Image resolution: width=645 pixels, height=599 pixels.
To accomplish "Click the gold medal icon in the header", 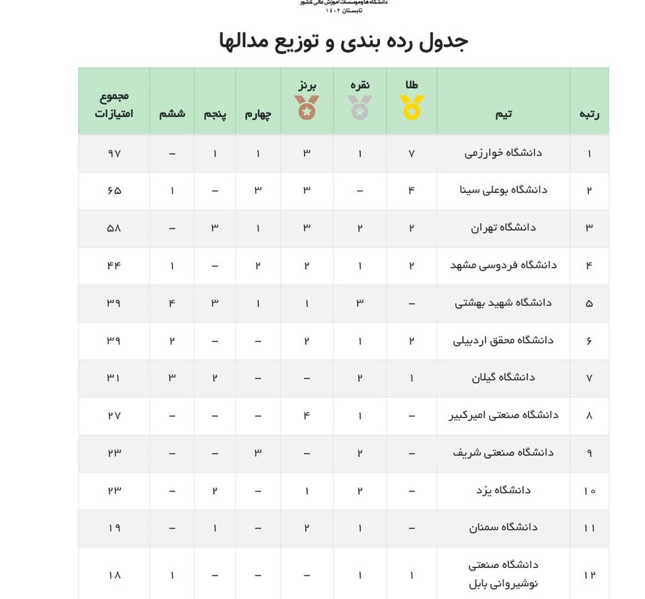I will [x=412, y=107].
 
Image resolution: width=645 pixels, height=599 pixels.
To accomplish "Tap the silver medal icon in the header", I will [x=359, y=107].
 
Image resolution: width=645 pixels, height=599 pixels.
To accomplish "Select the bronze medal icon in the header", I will [x=307, y=107].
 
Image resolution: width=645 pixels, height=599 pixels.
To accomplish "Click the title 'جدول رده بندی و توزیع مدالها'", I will [x=344, y=42].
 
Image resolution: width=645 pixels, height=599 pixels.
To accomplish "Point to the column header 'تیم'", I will [x=504, y=114].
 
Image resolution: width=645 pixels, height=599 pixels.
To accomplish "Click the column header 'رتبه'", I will [x=589, y=114].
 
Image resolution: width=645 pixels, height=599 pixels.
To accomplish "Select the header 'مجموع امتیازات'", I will [x=114, y=105].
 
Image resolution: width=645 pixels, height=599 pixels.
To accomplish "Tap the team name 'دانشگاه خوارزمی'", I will [x=503, y=153].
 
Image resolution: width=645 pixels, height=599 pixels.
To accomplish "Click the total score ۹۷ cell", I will [x=114, y=154].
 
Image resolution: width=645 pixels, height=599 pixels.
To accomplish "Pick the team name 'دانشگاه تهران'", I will [x=503, y=228].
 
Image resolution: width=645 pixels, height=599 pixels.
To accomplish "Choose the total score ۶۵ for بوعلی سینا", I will [x=114, y=191].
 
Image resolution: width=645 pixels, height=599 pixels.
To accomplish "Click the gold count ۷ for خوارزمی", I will [x=412, y=154].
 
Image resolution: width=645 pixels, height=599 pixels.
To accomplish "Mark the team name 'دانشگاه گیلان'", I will [x=503, y=378].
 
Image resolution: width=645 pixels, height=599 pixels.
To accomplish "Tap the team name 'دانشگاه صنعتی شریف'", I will [x=503, y=453].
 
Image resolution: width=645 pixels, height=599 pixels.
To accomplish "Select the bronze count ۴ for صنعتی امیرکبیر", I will [x=307, y=415].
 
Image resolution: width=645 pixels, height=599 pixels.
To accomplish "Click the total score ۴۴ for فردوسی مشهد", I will [x=114, y=266].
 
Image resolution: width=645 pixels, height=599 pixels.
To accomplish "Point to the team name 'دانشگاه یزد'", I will [x=503, y=490].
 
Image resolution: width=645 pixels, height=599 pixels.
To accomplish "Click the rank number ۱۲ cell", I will [x=589, y=575].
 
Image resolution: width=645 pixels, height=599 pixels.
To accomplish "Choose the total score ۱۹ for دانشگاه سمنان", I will [x=114, y=528].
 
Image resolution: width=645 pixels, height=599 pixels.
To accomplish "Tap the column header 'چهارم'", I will [x=258, y=114].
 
